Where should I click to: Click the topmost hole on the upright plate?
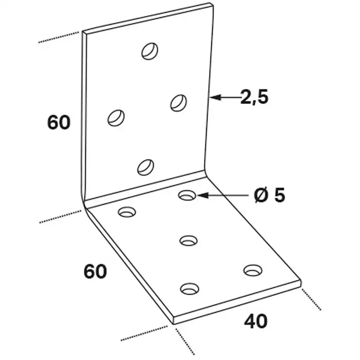click(x=150, y=51)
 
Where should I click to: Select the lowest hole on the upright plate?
click(x=146, y=167)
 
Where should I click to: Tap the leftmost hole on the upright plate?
click(x=116, y=118)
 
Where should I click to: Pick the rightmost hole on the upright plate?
click(x=178, y=103)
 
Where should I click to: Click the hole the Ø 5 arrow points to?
click(x=187, y=195)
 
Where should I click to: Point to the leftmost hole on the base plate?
click(x=127, y=212)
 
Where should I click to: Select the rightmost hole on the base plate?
click(x=253, y=270)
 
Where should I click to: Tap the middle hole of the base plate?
click(x=189, y=241)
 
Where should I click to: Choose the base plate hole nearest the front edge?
click(x=190, y=289)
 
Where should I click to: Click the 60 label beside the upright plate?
click(x=59, y=122)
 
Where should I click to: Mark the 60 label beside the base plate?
click(x=95, y=271)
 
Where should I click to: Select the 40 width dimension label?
click(x=256, y=321)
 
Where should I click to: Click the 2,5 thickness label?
click(x=254, y=97)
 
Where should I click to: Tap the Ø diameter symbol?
click(x=261, y=195)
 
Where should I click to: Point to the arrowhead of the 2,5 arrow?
click(x=215, y=97)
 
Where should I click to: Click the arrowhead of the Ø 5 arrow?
click(x=203, y=195)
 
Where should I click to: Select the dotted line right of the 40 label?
click(x=311, y=300)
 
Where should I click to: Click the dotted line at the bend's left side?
click(x=60, y=217)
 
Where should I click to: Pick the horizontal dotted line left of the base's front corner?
click(x=144, y=333)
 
